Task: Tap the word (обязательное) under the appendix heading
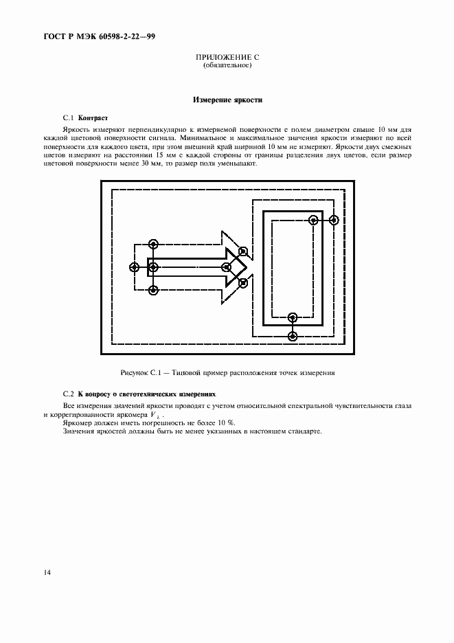click(227, 66)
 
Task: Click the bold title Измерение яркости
click(227, 100)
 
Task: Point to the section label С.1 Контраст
click(85, 117)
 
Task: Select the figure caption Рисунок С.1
click(227, 373)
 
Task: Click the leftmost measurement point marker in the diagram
click(134, 267)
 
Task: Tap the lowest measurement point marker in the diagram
click(293, 336)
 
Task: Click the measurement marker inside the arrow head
click(225, 267)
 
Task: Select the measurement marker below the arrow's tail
click(153, 290)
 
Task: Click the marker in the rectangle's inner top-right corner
click(313, 221)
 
